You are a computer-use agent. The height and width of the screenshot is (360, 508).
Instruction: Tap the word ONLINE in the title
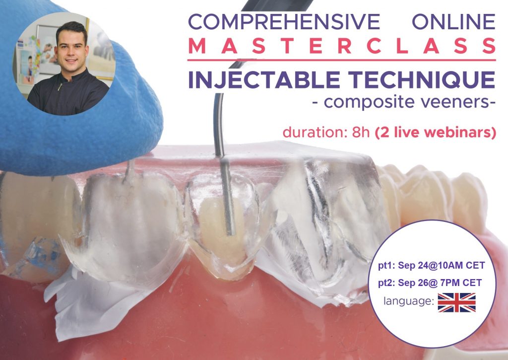(453, 22)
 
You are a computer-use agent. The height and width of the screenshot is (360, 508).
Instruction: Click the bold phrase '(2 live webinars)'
(436, 133)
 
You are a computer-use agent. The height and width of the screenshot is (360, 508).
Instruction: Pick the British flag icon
(456, 302)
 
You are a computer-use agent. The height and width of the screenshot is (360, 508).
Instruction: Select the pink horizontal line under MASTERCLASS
(342, 60)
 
